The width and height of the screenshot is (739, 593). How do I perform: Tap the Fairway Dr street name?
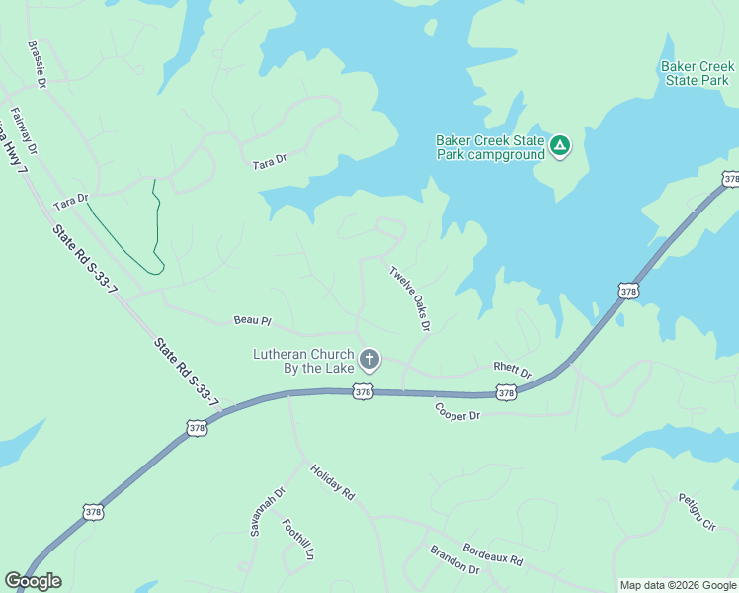pyautogui.click(x=25, y=131)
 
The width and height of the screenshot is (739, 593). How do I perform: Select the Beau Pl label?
pyautogui.click(x=252, y=320)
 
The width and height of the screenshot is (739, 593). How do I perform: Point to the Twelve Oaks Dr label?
pyautogui.click(x=410, y=298)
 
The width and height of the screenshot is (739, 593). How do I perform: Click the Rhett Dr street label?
pyautogui.click(x=513, y=371)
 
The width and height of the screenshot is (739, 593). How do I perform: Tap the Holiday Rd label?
pyautogui.click(x=332, y=481)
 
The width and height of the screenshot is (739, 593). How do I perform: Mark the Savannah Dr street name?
pyautogui.click(x=267, y=511)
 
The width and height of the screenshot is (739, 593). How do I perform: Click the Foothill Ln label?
pyautogui.click(x=297, y=540)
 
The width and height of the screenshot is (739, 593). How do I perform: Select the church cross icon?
pyautogui.click(x=369, y=359)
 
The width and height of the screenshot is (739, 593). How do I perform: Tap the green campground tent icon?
pyautogui.click(x=560, y=147)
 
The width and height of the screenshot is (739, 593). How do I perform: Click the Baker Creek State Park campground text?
pyautogui.click(x=490, y=147)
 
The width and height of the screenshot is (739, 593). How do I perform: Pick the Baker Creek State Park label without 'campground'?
pyautogui.click(x=698, y=73)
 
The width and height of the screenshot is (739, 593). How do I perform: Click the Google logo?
pyautogui.click(x=33, y=581)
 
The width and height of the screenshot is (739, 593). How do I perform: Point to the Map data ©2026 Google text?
pyautogui.click(x=678, y=585)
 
